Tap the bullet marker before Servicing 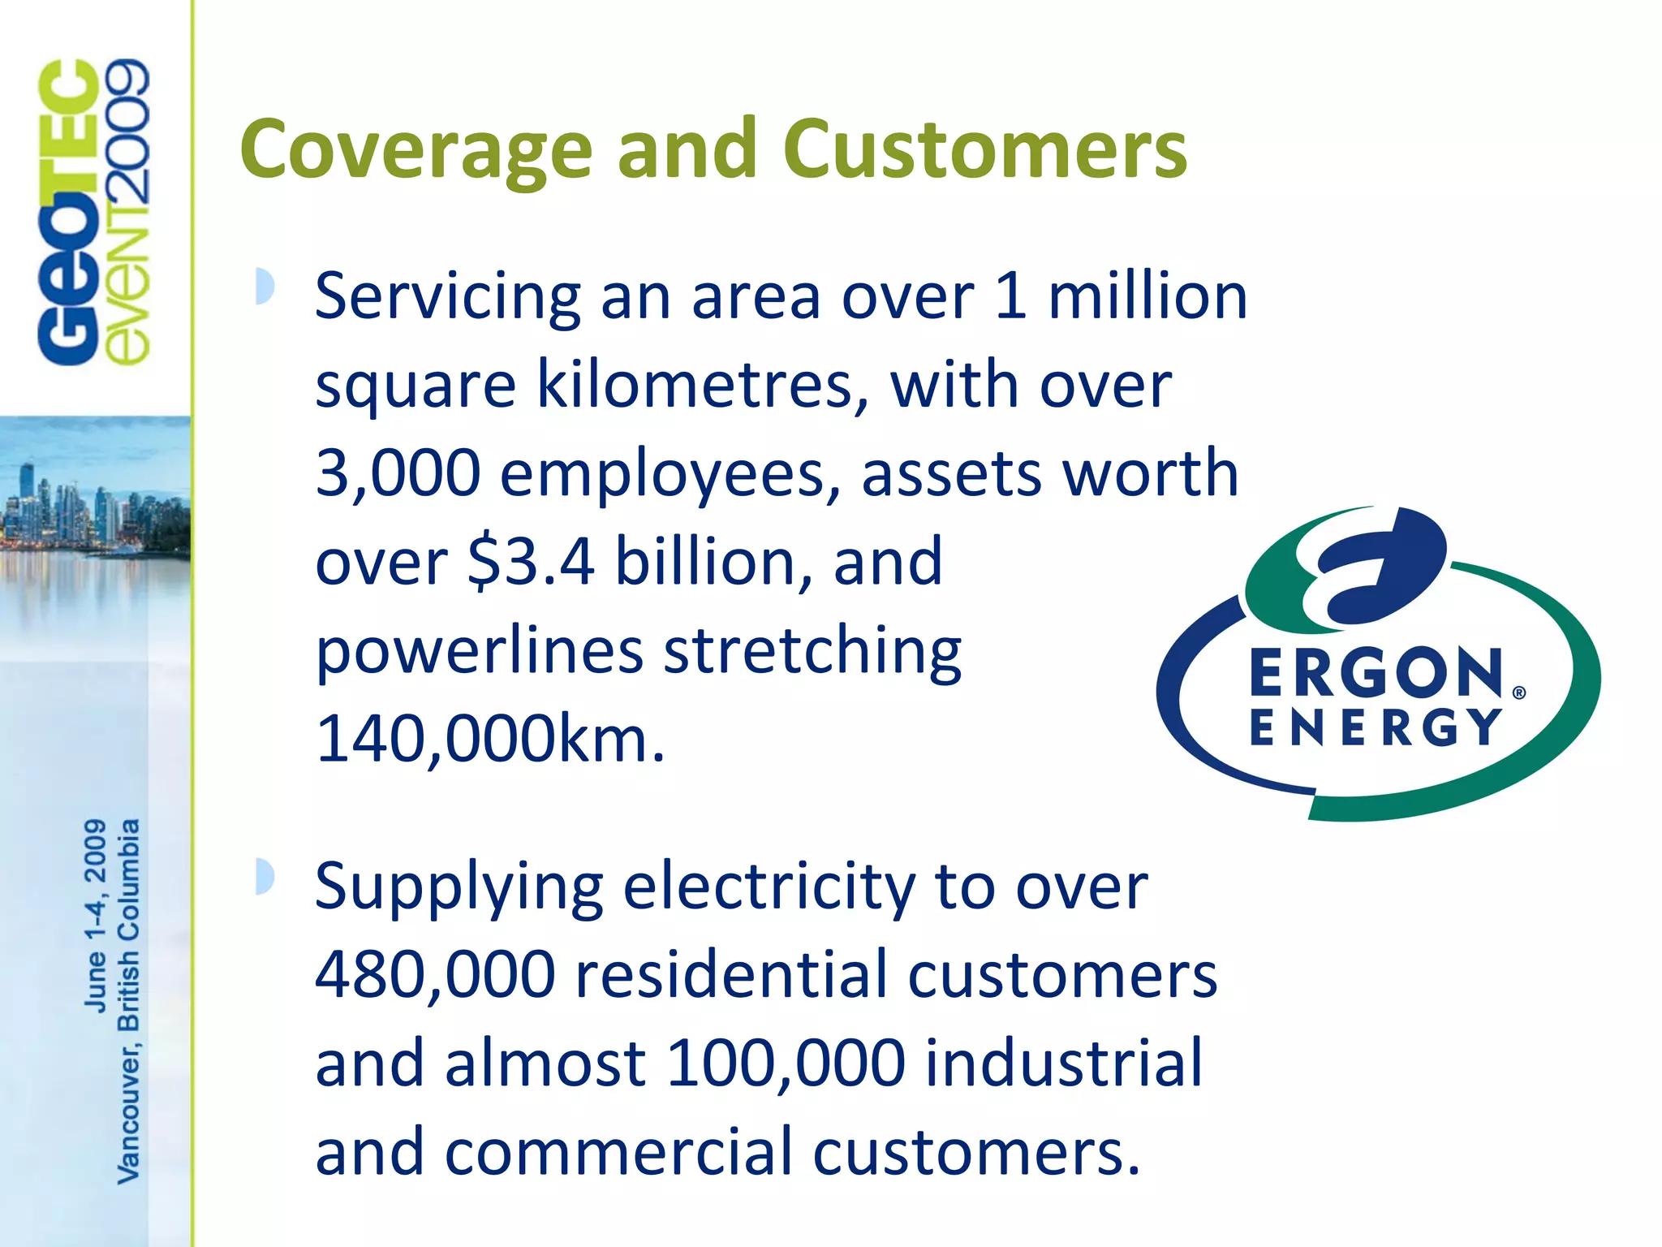[x=264, y=286]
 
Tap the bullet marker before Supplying [x=264, y=877]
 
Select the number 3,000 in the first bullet [x=398, y=473]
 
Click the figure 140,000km [x=490, y=739]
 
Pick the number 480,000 [x=435, y=974]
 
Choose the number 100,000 [x=785, y=1063]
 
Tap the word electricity [x=769, y=887]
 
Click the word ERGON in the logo [x=1376, y=673]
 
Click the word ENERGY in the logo [x=1375, y=727]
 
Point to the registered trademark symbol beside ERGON [x=1519, y=693]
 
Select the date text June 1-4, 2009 [x=95, y=915]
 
